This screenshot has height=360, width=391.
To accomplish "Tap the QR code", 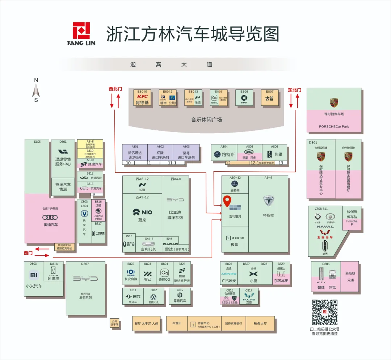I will tap(325, 312).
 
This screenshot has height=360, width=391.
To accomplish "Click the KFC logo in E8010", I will tap(142, 96).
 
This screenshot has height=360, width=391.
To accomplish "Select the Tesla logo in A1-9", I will tap(269, 201).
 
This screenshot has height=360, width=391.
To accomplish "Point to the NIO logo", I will tap(142, 212).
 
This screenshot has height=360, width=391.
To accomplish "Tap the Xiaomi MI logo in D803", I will tap(34, 275).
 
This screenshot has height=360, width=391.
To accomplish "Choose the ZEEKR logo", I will tap(235, 238).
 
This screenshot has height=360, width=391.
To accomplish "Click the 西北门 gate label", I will tap(115, 89).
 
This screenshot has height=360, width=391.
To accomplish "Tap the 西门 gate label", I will tap(28, 253).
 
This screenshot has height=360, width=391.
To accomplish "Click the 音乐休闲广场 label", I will tap(206, 120).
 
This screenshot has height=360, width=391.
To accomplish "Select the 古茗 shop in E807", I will tap(269, 98).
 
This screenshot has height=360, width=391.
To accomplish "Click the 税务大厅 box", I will tap(260, 323).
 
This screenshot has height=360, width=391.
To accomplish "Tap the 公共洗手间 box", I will tap(114, 323).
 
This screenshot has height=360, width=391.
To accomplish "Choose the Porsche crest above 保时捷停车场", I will tap(334, 102).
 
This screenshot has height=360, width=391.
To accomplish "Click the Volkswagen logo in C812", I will tap(154, 296).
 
